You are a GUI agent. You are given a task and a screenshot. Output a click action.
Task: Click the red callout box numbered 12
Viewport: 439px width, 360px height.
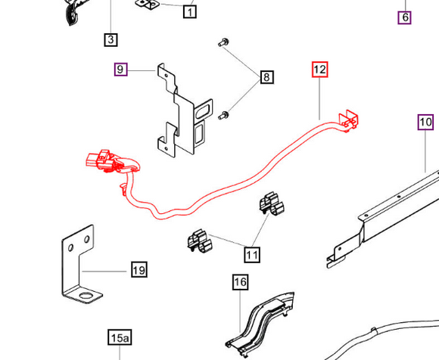pyautogui.click(x=319, y=70)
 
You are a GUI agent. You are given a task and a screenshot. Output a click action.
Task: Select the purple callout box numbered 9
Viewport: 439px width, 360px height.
pyautogui.click(x=120, y=70)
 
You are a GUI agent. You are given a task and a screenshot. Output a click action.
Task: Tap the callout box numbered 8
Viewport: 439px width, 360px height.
pyautogui.click(x=267, y=77)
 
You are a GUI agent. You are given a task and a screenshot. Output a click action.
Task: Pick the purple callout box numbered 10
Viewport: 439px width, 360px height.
pyautogui.click(x=425, y=123)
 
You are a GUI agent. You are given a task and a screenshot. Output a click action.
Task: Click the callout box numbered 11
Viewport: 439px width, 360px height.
pyautogui.click(x=252, y=255)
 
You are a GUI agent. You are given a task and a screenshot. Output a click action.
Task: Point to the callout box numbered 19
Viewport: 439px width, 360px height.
pyautogui.click(x=139, y=270)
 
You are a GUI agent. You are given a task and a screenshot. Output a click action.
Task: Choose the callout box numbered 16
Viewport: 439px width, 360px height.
pyautogui.click(x=240, y=282)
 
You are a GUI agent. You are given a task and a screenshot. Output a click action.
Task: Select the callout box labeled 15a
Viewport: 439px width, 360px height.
pyautogui.click(x=120, y=337)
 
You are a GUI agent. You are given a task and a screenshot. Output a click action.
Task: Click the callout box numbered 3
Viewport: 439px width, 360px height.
pyautogui.click(x=111, y=39)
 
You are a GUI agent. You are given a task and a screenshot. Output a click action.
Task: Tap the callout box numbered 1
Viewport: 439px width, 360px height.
pyautogui.click(x=190, y=12)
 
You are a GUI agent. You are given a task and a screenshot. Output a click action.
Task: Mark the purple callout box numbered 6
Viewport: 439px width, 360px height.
pyautogui.click(x=405, y=17)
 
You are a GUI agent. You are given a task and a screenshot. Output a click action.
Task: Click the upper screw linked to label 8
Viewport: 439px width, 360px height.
pyautogui.click(x=223, y=42)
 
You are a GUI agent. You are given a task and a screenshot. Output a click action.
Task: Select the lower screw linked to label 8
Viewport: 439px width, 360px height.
pyautogui.click(x=223, y=115)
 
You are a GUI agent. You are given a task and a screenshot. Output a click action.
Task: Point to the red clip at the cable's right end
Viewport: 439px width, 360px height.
pyautogui.click(x=349, y=121)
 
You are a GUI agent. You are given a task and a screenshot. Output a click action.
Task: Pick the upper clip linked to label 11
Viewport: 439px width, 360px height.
pyautogui.click(x=271, y=203)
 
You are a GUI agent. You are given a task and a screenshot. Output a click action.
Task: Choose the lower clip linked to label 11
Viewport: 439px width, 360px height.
pyautogui.click(x=199, y=241)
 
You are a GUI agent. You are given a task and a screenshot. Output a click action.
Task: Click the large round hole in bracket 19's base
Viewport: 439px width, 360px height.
pyautogui.click(x=86, y=296)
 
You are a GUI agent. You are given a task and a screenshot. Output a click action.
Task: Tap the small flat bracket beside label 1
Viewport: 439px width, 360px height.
pyautogui.click(x=148, y=5)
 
